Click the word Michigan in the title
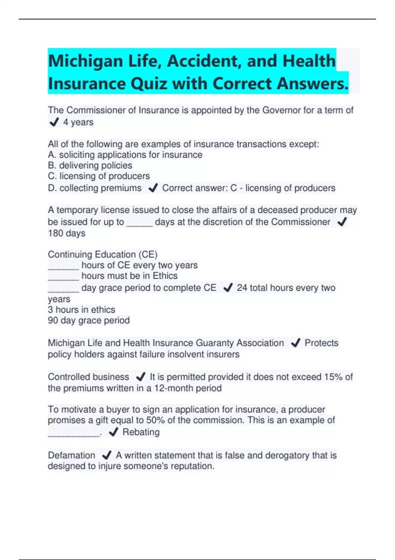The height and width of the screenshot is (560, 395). pos(85,61)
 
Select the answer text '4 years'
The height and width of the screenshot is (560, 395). pos(78,122)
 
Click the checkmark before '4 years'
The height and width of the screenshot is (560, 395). pos(54,123)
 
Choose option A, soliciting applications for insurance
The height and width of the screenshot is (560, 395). pos(125,155)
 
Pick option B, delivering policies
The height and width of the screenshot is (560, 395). pos(90,165)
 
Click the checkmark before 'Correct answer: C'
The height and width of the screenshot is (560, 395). pos(153,188)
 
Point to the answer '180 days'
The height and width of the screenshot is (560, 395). pos(66,233)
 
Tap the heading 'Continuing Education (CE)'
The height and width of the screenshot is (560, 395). pos(103,255)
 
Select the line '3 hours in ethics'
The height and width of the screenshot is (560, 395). pos(81,310)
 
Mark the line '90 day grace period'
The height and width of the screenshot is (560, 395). pos(89,320)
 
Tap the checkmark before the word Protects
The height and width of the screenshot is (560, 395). pos(295,343)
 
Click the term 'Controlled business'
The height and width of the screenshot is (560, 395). pos(88,377)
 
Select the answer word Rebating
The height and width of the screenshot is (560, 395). pos(141,432)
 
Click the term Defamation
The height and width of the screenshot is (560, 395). pos(71,455)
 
